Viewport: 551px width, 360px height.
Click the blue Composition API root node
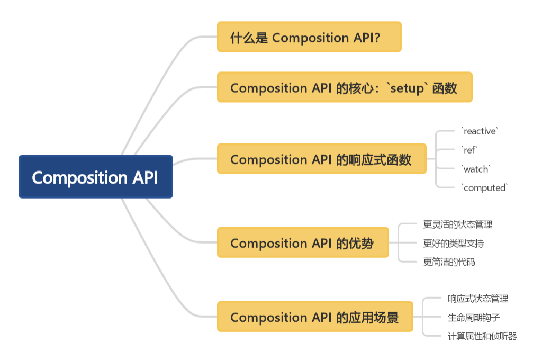[x=95, y=177]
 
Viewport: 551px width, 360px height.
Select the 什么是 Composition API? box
[x=309, y=37]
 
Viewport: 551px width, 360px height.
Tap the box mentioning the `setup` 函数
[x=344, y=88]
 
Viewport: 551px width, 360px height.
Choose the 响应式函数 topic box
[x=321, y=159]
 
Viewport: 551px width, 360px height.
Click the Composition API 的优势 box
[x=302, y=243]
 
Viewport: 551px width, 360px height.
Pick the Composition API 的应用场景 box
[x=314, y=317]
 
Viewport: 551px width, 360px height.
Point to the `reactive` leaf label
[x=480, y=131]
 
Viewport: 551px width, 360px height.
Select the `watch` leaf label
[x=476, y=169]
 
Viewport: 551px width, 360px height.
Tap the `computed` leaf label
[x=484, y=188]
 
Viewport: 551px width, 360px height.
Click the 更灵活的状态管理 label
[x=458, y=224]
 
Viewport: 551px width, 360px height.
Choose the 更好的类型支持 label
[x=454, y=244]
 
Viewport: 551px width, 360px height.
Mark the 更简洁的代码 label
[x=449, y=262]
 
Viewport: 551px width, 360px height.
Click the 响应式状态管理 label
[x=478, y=299]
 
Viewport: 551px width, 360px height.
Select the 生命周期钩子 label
[x=474, y=318]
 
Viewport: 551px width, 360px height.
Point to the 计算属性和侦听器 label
[x=482, y=336]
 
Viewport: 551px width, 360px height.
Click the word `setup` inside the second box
[x=407, y=88]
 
